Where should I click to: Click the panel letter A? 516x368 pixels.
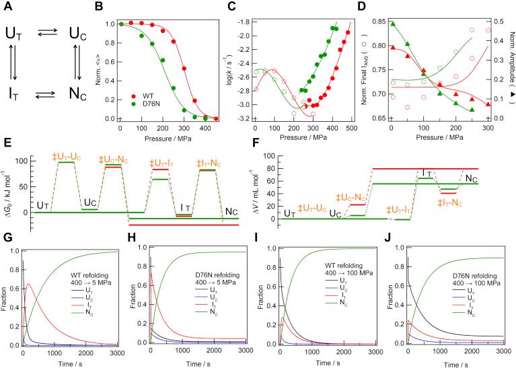[x=9, y=10]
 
